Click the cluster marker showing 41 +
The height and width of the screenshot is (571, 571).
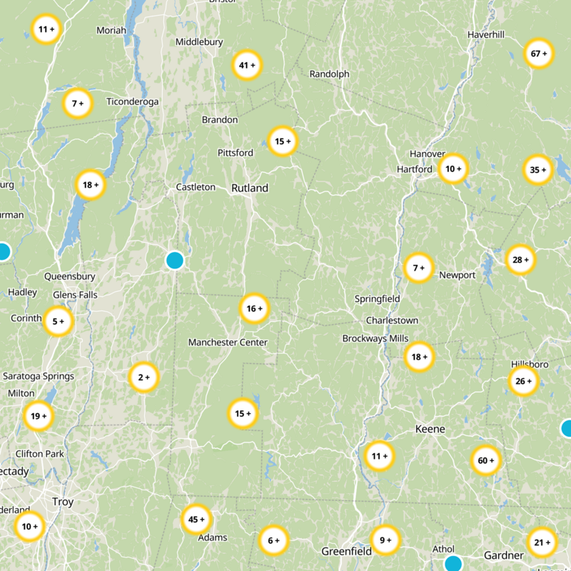tap(248, 66)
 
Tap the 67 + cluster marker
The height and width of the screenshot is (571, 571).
tap(540, 54)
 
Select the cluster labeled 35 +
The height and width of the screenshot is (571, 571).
tap(538, 170)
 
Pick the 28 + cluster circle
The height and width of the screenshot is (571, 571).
tap(520, 260)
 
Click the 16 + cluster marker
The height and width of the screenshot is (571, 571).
tap(254, 308)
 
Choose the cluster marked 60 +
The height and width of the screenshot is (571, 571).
tap(486, 460)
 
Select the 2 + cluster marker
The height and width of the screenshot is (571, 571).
tap(143, 378)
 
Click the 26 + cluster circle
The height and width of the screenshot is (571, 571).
tap(523, 381)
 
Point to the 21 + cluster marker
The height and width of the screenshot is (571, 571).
tap(542, 542)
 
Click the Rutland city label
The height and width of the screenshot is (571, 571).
tap(250, 188)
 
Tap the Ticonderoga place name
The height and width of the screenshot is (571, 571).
tap(132, 102)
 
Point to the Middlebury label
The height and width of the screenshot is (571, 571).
tap(199, 42)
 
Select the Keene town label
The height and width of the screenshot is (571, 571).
tap(430, 429)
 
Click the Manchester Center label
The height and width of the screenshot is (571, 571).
tap(228, 343)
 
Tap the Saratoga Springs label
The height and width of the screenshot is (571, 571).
tap(39, 376)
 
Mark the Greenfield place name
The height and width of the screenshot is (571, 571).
tap(346, 551)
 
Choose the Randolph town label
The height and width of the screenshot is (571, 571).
tap(329, 74)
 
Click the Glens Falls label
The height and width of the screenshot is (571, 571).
tap(75, 295)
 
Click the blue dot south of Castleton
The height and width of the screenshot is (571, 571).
tap(175, 261)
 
